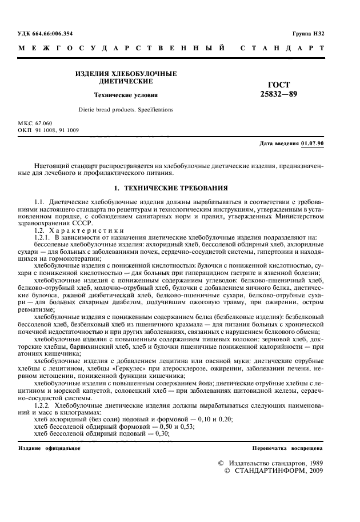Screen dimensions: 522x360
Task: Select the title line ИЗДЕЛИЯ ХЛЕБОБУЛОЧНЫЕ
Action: [x=126, y=74]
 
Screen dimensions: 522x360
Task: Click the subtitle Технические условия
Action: [x=126, y=95]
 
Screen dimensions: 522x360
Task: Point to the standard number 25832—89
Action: [x=278, y=94]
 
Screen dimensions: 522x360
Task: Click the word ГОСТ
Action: [x=278, y=85]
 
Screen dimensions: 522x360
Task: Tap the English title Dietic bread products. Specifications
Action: [x=126, y=109]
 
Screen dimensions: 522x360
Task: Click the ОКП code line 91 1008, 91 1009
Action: [x=57, y=130]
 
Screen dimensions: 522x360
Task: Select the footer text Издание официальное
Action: [x=49, y=448]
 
